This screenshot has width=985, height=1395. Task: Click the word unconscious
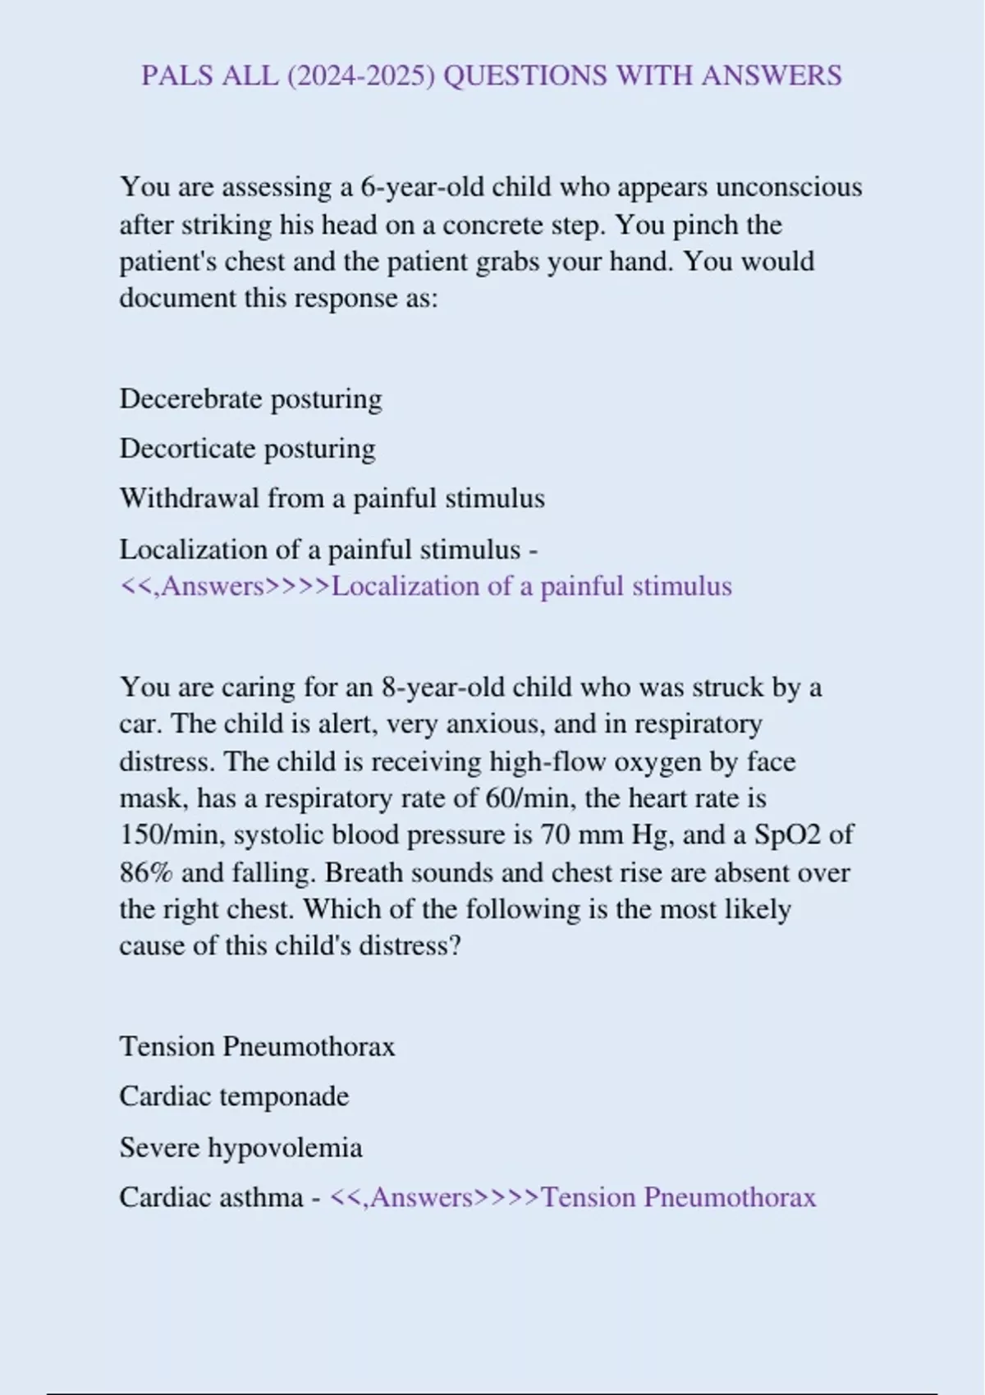[789, 187]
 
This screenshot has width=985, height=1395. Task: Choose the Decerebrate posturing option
[250, 399]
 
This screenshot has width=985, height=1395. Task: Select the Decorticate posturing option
[247, 449]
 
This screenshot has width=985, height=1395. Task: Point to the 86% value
[146, 872]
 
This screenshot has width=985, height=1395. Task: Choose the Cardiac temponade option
[234, 1096]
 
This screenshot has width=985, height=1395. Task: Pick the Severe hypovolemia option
[241, 1147]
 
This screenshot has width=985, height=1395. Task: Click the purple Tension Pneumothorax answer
[679, 1198]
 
